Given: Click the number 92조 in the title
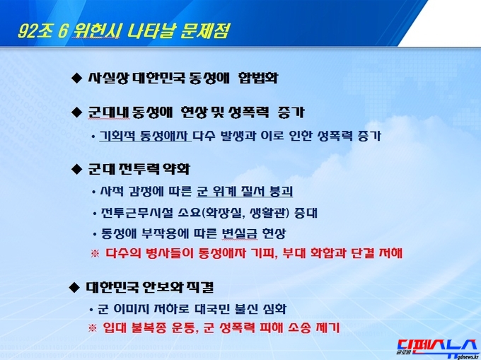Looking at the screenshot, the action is point(35,30).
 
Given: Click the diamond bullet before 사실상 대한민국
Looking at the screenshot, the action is point(76,78).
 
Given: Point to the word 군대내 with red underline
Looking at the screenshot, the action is point(109,112).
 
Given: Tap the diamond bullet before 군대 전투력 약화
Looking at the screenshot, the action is point(76,169).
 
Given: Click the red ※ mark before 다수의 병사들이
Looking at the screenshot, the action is point(95,254).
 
